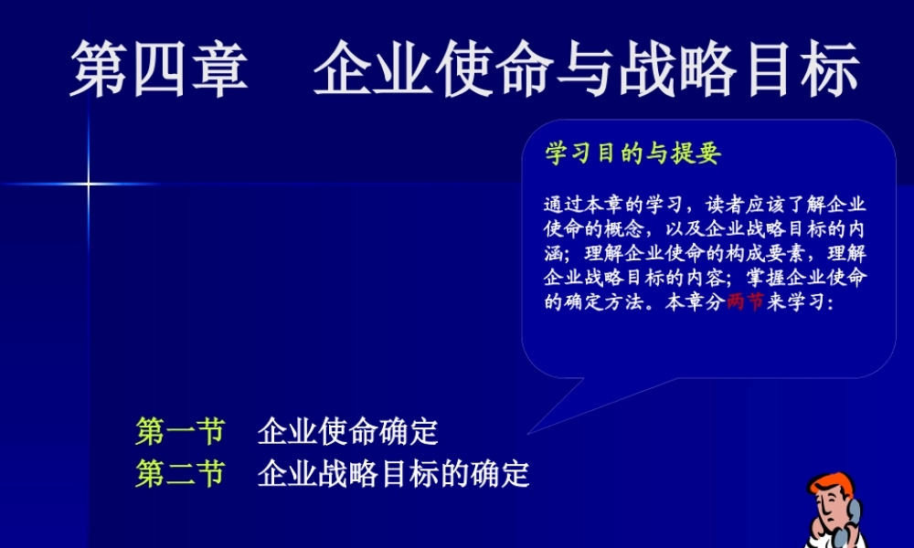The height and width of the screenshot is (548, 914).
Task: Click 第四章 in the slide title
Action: [160, 68]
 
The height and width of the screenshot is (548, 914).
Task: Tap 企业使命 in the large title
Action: [430, 68]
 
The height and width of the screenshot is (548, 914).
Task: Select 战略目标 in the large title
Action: [739, 68]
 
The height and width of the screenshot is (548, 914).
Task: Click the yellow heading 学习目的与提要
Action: [633, 153]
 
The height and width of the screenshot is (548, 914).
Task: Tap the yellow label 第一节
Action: [180, 431]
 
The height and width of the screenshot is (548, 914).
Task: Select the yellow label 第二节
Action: [180, 474]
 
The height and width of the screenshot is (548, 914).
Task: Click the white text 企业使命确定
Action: [348, 431]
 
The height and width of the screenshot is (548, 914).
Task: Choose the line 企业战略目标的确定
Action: [394, 474]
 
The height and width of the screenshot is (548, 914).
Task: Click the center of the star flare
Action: [89, 184]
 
